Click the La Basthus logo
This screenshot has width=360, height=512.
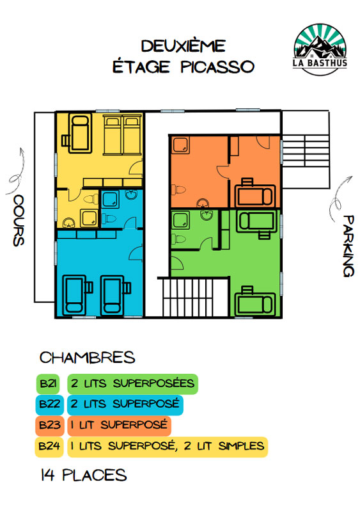point(320,49)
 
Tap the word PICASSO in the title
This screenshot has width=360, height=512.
point(217,67)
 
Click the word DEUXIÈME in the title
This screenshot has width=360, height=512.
point(184,46)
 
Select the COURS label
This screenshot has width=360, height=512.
point(19,220)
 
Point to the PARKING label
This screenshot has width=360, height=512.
point(348,246)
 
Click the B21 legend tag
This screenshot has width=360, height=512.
point(48,383)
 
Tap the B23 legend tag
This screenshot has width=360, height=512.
point(50,426)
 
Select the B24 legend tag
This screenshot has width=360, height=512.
point(49,446)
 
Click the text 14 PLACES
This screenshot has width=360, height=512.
point(84,475)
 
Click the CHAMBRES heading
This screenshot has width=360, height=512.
point(87,358)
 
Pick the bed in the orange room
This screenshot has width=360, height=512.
point(255,193)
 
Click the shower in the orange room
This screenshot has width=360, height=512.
point(180,145)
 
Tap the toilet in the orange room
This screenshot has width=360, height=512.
point(178,189)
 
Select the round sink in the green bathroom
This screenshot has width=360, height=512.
point(207,215)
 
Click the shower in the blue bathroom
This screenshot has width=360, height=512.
point(111,200)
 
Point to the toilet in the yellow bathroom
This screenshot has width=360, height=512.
point(91,199)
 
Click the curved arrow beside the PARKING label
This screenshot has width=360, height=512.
point(340,199)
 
